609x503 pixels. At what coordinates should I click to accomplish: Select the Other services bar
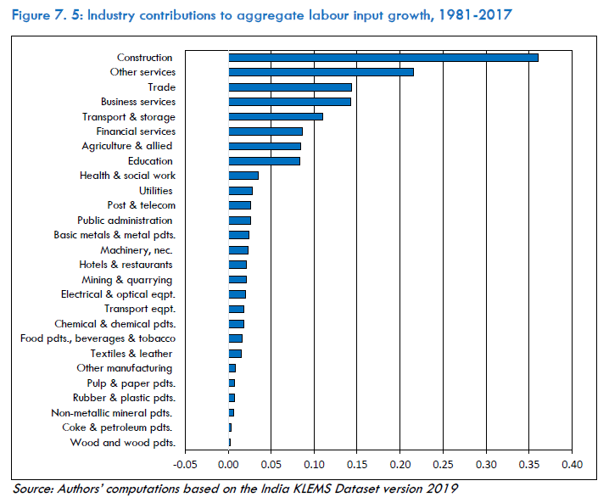(321, 72)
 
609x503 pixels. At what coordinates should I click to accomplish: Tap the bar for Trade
(290, 87)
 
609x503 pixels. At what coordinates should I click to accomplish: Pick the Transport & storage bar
(276, 116)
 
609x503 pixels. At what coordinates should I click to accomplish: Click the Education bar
(264, 161)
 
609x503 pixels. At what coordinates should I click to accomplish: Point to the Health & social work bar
(243, 176)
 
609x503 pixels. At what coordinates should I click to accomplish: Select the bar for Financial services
(265, 131)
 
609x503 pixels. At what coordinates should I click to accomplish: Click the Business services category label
(138, 102)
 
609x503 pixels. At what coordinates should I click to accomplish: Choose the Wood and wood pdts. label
(123, 442)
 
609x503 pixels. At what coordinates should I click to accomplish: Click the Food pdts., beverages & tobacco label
(98, 338)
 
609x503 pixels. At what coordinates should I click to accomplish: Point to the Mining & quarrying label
(127, 279)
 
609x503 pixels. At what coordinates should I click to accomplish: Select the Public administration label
(125, 221)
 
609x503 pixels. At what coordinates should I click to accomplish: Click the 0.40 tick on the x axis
(572, 465)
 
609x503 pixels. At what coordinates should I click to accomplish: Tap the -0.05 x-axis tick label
(185, 465)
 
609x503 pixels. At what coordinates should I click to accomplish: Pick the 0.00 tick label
(229, 465)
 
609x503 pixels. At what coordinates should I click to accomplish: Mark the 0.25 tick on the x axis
(443, 465)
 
